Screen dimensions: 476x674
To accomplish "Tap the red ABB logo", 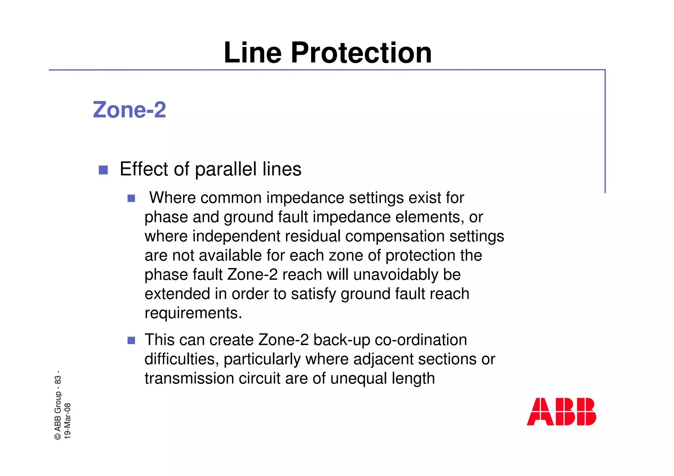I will (561, 412).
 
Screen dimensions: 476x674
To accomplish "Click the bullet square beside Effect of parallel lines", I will (103, 170).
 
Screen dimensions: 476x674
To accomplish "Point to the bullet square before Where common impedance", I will (131, 198).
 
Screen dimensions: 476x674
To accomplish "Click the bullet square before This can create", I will (131, 340).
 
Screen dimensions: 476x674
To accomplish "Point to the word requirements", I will (193, 313).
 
